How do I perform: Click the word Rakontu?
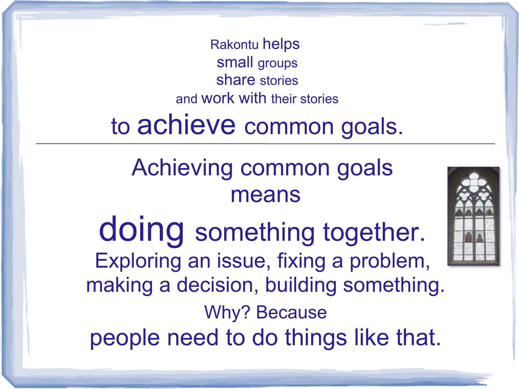234,45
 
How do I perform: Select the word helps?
281,44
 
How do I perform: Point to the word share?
236,80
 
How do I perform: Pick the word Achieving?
182,168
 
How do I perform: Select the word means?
265,195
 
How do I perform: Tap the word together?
374,233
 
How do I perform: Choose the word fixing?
301,261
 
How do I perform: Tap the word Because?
291,312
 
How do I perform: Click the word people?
125,338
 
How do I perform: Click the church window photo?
473,216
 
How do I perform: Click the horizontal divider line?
265,144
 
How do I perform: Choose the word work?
218,98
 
